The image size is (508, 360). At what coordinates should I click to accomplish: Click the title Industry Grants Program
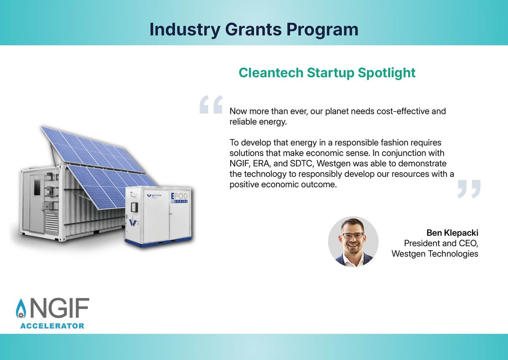coord(254,29)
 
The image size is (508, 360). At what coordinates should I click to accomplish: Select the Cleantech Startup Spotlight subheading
coord(327,72)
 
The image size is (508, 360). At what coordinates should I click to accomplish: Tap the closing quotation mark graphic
coord(469,189)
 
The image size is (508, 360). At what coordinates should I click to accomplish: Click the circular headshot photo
coord(353,241)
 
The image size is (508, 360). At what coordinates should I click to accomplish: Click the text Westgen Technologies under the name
coord(435,254)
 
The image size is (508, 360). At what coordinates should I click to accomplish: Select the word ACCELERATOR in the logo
coord(52,326)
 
